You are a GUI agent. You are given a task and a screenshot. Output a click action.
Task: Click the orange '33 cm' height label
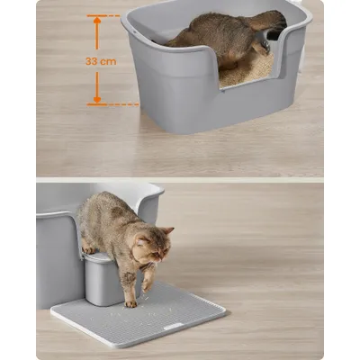pyautogui.click(x=101, y=61)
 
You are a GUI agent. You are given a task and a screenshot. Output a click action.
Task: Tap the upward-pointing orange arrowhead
pyautogui.click(x=96, y=21)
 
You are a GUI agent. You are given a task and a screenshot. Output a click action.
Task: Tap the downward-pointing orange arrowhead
pyautogui.click(x=97, y=100)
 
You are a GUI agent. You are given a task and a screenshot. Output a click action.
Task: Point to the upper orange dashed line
pyautogui.click(x=103, y=15)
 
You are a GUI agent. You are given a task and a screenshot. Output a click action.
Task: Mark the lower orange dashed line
pyautogui.click(x=112, y=104)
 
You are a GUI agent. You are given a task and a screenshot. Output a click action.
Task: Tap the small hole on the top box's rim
pyautogui.click(x=135, y=31)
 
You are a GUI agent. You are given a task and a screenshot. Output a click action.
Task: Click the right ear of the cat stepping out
pyautogui.click(x=167, y=231)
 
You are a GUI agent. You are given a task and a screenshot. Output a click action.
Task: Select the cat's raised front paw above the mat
pyautogui.click(x=147, y=285)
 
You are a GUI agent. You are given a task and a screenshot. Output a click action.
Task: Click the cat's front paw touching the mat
pyautogui.click(x=130, y=303)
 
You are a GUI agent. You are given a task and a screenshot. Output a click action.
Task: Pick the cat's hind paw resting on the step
pyautogui.click(x=89, y=249)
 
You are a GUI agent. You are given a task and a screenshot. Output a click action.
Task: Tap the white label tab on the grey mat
pyautogui.click(x=174, y=326)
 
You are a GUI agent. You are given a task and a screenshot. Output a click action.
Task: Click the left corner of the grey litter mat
pyautogui.click(x=51, y=311)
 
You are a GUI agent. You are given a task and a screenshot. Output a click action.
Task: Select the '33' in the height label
pyautogui.click(x=91, y=61)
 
